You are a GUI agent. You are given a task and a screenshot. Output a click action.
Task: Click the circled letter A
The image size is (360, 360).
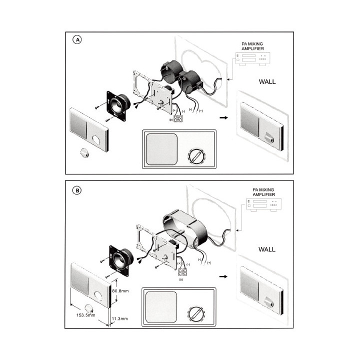pos(77,40)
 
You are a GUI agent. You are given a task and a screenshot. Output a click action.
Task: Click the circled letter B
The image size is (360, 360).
pos(77,190)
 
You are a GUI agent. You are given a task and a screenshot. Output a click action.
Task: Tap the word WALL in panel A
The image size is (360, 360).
pos(267,81)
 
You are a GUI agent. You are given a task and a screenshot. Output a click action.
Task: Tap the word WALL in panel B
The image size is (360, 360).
pos(267,249)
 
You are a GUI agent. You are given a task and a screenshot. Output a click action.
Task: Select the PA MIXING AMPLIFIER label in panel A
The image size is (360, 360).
pos(252,46)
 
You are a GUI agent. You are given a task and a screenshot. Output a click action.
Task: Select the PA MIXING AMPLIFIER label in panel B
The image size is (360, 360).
pos(263,192)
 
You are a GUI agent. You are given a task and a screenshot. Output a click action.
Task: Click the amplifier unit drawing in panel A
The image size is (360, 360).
pos(253,59)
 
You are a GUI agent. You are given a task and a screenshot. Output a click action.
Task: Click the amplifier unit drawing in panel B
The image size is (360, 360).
pos(264,205)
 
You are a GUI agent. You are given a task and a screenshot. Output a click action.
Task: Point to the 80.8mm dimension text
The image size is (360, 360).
pos(120,291)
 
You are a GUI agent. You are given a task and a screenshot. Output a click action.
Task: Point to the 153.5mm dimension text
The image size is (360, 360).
pos(85,315)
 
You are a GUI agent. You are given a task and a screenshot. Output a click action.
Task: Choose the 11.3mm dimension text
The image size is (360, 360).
pos(119,318)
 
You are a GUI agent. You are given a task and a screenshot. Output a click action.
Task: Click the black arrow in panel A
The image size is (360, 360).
pos(223,118)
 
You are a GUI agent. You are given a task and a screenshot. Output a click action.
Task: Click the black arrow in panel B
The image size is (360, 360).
pos(223,276)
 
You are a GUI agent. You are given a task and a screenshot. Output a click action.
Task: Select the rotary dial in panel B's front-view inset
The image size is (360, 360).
pos(196,314)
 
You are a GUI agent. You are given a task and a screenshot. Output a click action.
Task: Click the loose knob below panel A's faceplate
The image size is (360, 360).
pos(84,153)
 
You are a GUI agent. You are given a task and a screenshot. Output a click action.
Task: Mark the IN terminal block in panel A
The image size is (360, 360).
pos(178,118)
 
